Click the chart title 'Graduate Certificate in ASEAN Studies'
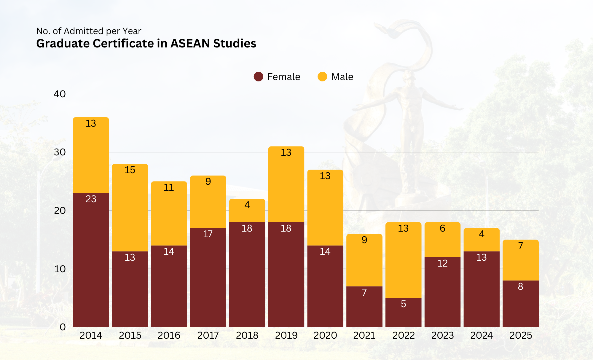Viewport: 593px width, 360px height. [x=146, y=44]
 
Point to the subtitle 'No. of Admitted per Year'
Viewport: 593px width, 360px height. [x=89, y=31]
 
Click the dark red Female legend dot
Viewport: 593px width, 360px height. [x=259, y=77]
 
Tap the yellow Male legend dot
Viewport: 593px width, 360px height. [x=322, y=77]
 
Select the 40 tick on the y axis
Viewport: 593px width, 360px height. [x=60, y=94]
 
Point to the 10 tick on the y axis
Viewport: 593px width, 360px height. [x=60, y=269]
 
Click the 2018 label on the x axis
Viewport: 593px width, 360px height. [x=247, y=335]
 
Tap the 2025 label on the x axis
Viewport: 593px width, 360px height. [x=521, y=335]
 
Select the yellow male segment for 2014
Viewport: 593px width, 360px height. [x=91, y=157]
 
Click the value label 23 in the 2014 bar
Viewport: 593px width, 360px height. [x=91, y=199]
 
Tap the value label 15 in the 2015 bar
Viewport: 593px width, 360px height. [x=130, y=170]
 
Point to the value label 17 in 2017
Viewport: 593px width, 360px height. [x=208, y=234]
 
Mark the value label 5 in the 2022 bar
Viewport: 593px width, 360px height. [x=403, y=304]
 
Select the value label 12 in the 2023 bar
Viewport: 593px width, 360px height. [x=442, y=263]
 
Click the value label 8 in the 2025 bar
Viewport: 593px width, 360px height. [x=521, y=286]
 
